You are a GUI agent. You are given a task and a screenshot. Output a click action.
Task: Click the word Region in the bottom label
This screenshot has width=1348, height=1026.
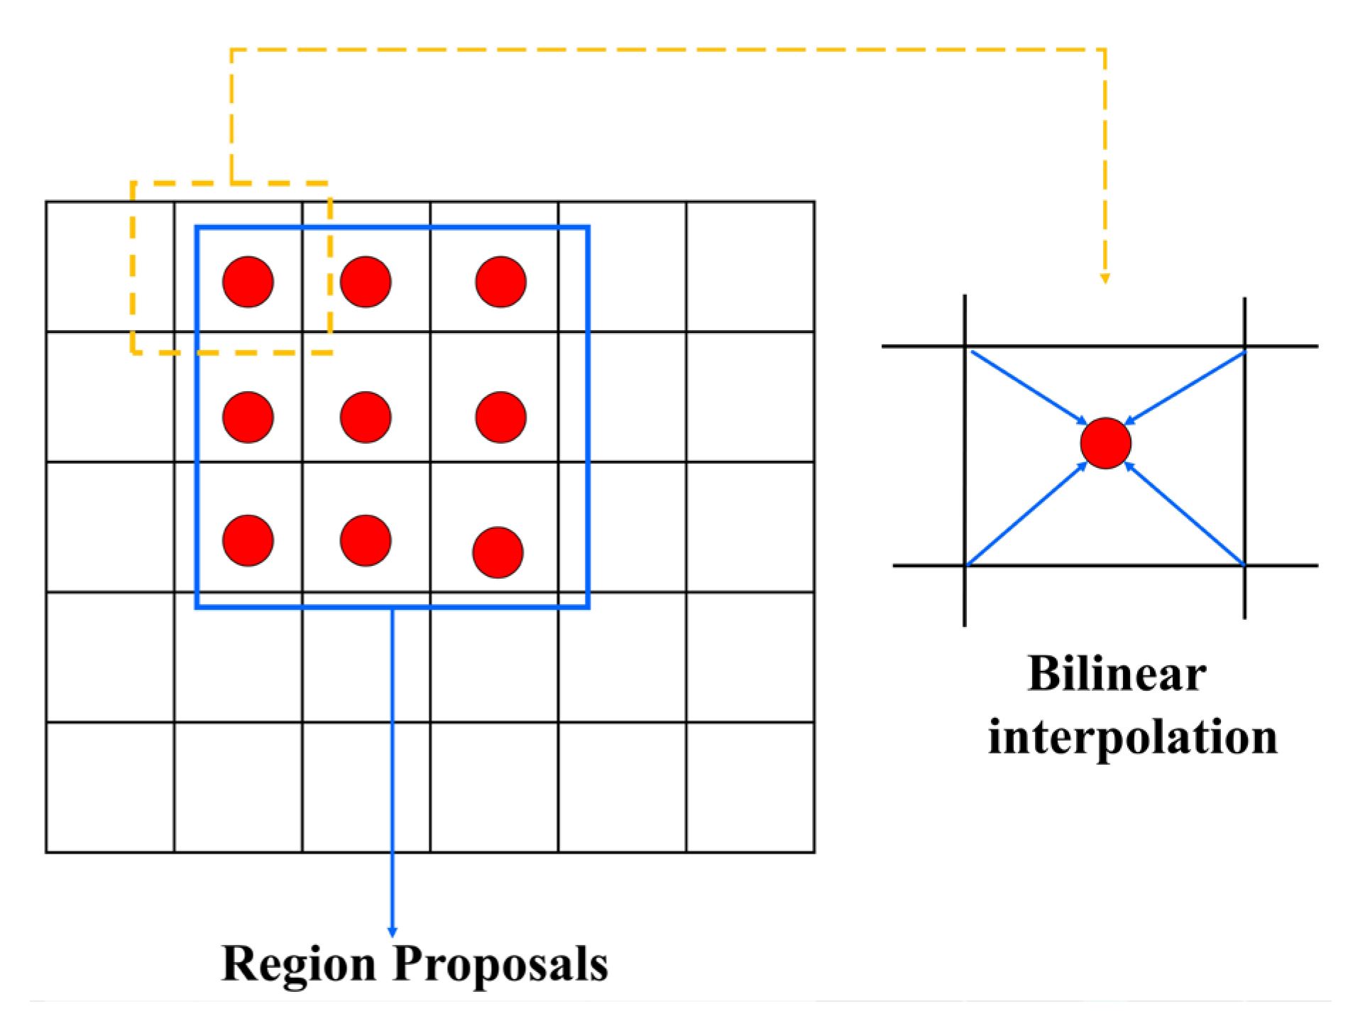(299, 964)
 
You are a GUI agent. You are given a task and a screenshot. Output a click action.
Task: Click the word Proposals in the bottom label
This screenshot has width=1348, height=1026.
(500, 964)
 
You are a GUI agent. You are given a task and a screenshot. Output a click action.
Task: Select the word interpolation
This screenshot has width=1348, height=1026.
(1132, 737)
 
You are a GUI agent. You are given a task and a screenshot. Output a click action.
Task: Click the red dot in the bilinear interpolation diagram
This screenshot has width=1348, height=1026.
(1105, 443)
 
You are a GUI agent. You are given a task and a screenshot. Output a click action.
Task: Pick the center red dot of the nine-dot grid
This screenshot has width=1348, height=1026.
(366, 417)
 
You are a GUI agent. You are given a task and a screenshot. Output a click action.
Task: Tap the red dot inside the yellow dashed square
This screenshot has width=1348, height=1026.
(248, 282)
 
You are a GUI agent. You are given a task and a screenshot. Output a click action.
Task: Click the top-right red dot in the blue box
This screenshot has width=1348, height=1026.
(500, 282)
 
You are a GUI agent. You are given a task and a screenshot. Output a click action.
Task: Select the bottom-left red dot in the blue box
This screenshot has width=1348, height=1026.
(248, 540)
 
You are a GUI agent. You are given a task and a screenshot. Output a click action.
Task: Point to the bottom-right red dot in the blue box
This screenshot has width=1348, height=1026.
(498, 552)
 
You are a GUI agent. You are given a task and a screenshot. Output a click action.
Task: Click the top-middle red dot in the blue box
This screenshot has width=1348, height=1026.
(366, 282)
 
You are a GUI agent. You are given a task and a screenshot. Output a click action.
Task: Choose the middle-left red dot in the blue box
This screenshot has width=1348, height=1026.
(248, 417)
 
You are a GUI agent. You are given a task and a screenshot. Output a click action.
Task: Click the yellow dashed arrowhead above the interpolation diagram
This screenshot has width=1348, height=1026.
(1105, 278)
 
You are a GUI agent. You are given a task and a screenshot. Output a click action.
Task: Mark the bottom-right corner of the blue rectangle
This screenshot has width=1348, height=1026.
(588, 606)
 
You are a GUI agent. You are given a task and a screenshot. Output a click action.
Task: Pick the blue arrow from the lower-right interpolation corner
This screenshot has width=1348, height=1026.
(1184, 514)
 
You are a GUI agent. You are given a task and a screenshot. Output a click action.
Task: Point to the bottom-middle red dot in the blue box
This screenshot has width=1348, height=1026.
(366, 540)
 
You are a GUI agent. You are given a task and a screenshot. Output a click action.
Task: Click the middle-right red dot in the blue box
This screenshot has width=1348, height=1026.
(500, 417)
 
